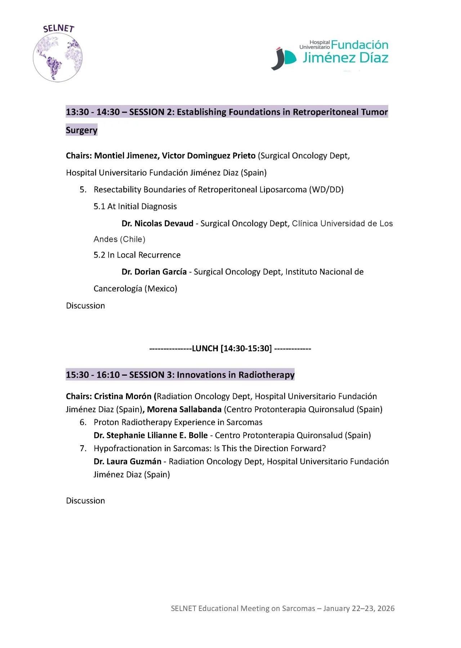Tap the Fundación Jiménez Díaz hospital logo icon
tap(283, 58)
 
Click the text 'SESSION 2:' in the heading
tap(152, 112)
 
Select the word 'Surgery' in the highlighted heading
tap(81, 130)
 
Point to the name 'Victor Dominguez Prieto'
tap(209, 155)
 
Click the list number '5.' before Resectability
tap(83, 190)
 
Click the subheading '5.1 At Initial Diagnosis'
tap(135, 207)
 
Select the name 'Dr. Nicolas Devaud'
tap(157, 223)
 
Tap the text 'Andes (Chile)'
tap(119, 239)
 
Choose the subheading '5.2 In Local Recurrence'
tap(137, 255)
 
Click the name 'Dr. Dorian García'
tap(154, 272)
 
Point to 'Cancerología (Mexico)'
tap(135, 289)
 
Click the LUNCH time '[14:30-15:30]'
tap(246, 348)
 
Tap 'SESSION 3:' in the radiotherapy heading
tap(152, 375)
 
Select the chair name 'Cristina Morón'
tap(122, 396)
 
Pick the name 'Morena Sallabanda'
tap(184, 409)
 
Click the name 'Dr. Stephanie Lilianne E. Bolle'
tap(151, 435)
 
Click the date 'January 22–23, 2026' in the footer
tap(359, 608)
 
